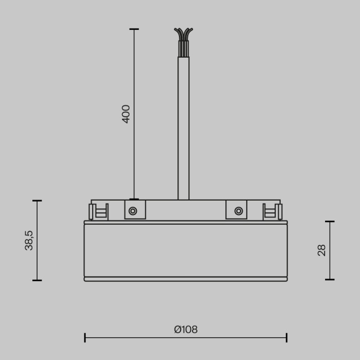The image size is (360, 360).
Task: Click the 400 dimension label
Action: tap(126, 114)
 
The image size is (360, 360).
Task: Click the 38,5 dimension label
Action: tap(29, 240)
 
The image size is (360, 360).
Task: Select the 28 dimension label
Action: tap(322, 250)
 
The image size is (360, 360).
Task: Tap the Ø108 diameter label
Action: tap(186, 330)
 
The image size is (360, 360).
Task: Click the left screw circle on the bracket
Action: tap(133, 210)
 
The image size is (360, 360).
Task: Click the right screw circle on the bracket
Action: tap(239, 210)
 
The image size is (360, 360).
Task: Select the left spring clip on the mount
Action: tap(98, 211)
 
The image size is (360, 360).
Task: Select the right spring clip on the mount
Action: tap(273, 211)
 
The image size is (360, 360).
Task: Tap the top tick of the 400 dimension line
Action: tap(134, 29)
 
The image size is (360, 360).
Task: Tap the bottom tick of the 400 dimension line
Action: tap(134, 199)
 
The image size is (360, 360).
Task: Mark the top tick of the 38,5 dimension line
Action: tap(37, 201)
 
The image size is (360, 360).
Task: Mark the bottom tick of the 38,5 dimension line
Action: tap(37, 280)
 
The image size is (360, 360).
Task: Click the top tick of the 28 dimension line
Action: tap(330, 222)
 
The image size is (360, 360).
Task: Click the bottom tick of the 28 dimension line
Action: tap(330, 280)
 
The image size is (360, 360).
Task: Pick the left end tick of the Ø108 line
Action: tap(85, 338)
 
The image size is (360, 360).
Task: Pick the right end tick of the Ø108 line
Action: tap(286, 338)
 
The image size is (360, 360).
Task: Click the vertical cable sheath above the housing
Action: tap(184, 129)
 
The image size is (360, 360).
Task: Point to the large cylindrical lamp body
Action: tap(186, 250)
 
